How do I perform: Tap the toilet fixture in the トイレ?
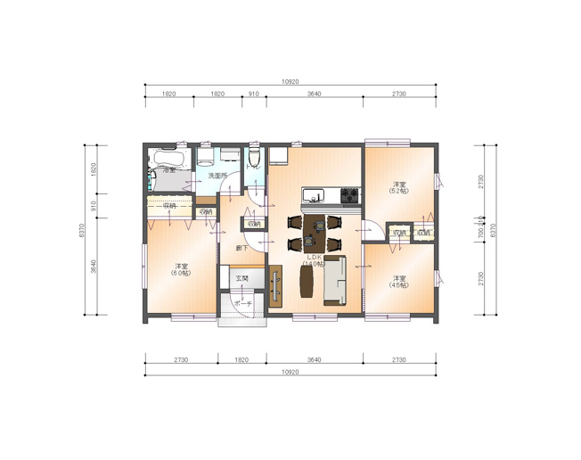(255, 159)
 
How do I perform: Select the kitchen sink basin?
(313, 194)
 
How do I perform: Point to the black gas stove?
(348, 193)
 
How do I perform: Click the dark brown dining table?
(315, 231)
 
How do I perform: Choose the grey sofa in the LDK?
(335, 279)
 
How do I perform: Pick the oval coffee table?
(308, 281)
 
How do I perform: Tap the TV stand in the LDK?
(275, 285)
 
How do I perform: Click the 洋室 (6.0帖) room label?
(182, 270)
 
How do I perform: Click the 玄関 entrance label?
(241, 279)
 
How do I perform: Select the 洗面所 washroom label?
(217, 176)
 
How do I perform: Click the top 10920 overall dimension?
(290, 82)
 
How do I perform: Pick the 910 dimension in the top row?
(254, 94)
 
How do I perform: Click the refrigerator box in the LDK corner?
(279, 156)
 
